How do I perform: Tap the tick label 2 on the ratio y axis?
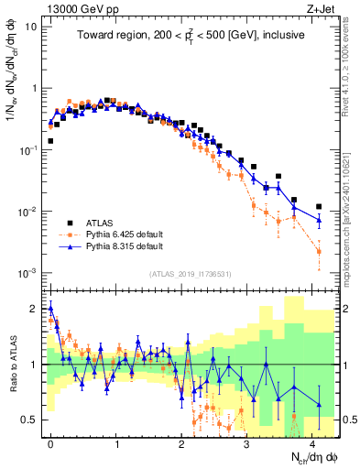pyautogui.click(x=34, y=310)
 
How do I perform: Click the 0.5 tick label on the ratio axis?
pyautogui.click(x=29, y=420)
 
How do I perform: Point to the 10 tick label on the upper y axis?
pyautogui.click(x=30, y=27)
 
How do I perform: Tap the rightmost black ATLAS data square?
pyautogui.click(x=318, y=207)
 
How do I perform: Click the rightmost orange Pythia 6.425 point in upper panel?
pyautogui.click(x=318, y=251)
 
